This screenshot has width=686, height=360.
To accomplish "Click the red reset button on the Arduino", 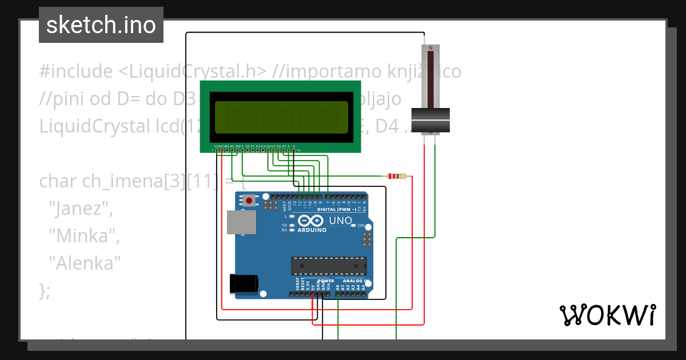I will pos(250,201).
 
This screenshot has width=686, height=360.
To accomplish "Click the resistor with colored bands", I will pos(396,176).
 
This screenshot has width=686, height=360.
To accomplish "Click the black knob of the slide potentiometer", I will pos(431,121).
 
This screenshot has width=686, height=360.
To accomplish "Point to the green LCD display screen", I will pos(280,117).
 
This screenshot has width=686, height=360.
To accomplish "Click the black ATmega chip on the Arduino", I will pos(328,266).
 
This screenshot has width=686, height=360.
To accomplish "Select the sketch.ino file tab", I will pos(101,25).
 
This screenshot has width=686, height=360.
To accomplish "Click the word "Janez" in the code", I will pos(80,209).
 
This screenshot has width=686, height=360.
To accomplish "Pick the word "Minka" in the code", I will pos(84,235).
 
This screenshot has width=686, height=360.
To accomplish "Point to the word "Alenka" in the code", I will pos(85,263).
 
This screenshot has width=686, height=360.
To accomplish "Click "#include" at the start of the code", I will pos(76,71).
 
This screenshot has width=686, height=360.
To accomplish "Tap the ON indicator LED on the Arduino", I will pos(353,226).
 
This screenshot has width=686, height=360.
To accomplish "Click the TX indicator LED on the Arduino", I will pos(292,226).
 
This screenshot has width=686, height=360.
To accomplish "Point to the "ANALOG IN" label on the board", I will pos(354,281).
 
